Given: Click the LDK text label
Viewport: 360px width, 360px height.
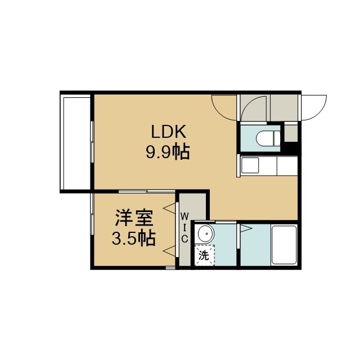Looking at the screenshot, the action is tap(168, 132).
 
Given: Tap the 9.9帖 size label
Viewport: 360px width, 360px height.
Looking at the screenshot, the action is tap(168, 152).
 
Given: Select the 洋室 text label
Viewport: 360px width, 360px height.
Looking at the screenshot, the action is tap(134, 218).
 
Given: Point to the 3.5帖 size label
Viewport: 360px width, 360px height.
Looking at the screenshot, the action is tap(134, 238).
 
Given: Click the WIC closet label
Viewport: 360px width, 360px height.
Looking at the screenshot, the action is tap(184, 227).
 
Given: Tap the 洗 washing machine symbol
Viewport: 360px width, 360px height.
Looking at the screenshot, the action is tap(204, 255).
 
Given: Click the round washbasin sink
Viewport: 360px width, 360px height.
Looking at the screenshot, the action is tap(206, 233).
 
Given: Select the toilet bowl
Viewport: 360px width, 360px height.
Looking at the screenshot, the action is tap(268, 138).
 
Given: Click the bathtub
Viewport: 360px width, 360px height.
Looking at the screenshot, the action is tap(284, 245).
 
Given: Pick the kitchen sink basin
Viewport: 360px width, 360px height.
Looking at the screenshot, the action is tap(250, 165).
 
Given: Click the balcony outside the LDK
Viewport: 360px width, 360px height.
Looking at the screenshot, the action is tap(75, 142).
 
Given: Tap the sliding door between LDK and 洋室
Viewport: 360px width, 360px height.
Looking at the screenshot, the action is tap(147, 191).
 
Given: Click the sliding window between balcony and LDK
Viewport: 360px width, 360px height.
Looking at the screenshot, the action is tap(92, 142).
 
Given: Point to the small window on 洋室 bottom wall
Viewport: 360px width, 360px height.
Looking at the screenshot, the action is tap(170, 268).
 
